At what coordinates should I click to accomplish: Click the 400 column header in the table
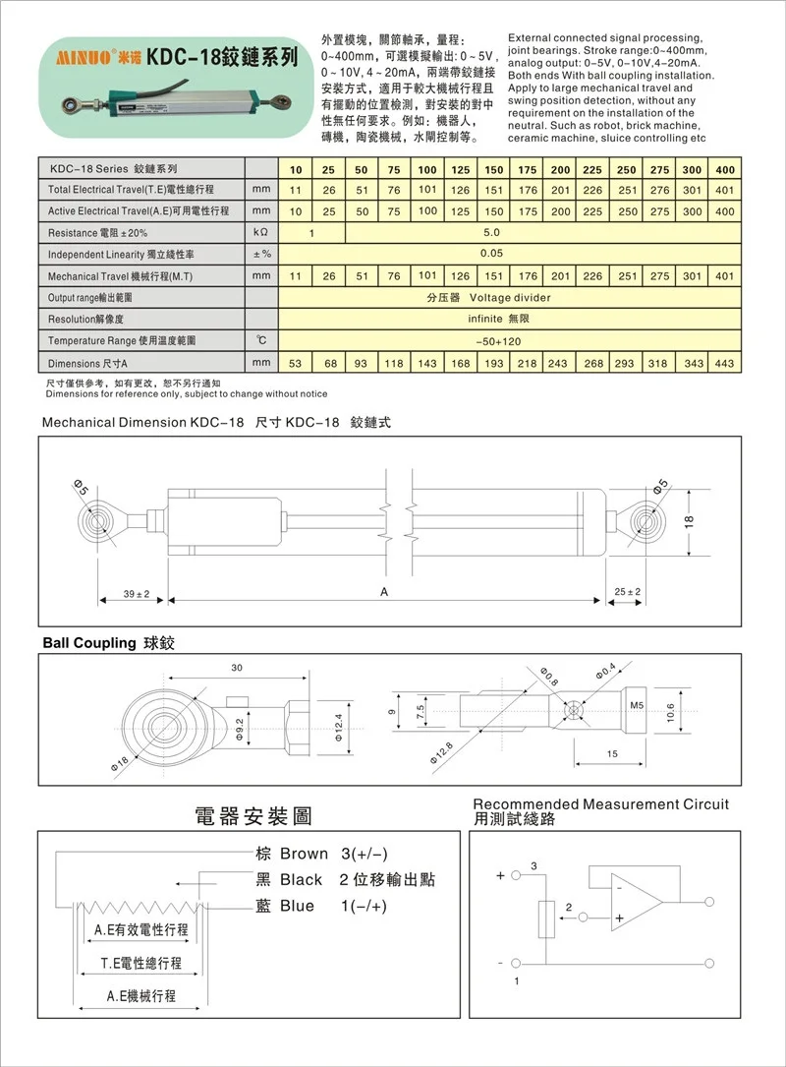tap(724, 169)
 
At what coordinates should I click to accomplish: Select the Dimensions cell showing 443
tap(724, 363)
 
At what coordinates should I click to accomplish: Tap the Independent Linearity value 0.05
tap(491, 254)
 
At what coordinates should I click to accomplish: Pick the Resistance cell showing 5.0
tap(491, 233)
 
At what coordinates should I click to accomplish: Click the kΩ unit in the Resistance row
tap(260, 233)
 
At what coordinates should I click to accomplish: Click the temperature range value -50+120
tap(491, 340)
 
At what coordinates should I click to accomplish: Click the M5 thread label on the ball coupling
tap(636, 705)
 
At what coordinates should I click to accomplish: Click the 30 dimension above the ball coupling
tap(236, 669)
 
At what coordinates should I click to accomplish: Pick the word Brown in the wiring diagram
tap(304, 853)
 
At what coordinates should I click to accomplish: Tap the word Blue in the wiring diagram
tap(297, 906)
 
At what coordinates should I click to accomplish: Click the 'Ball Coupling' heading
tap(88, 642)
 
